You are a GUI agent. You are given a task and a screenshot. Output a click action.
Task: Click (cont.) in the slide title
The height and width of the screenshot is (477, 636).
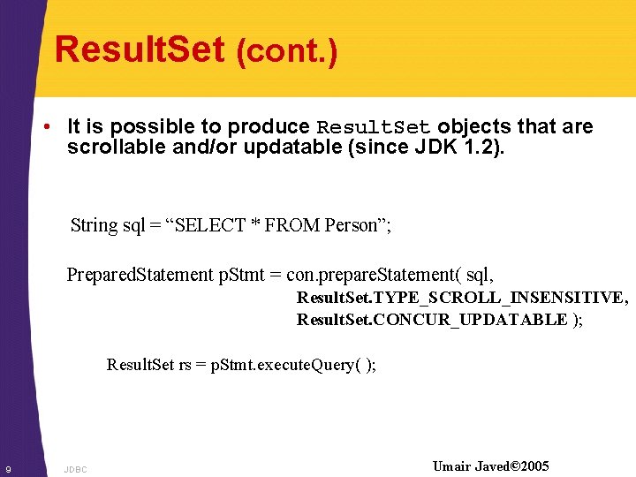[287, 53]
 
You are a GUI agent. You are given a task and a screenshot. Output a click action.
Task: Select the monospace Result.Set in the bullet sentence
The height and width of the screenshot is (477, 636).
[374, 127]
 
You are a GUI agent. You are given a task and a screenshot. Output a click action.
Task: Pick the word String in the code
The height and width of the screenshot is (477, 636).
[94, 225]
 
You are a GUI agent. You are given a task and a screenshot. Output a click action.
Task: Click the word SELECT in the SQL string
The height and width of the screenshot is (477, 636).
[212, 225]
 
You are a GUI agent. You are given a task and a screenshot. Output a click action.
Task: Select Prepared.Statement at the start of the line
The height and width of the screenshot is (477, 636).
[140, 275]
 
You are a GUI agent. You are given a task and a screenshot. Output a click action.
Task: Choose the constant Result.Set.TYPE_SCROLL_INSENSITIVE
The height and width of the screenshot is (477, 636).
[461, 299]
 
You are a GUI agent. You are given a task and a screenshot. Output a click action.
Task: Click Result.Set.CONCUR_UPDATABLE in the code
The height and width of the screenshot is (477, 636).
[431, 320]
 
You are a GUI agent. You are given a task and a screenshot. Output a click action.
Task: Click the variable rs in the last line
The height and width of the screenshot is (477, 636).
[185, 365]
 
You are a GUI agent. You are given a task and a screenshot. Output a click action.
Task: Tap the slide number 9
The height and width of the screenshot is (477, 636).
[7, 468]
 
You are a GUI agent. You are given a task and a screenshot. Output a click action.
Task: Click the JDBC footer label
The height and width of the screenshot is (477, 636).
[75, 470]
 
